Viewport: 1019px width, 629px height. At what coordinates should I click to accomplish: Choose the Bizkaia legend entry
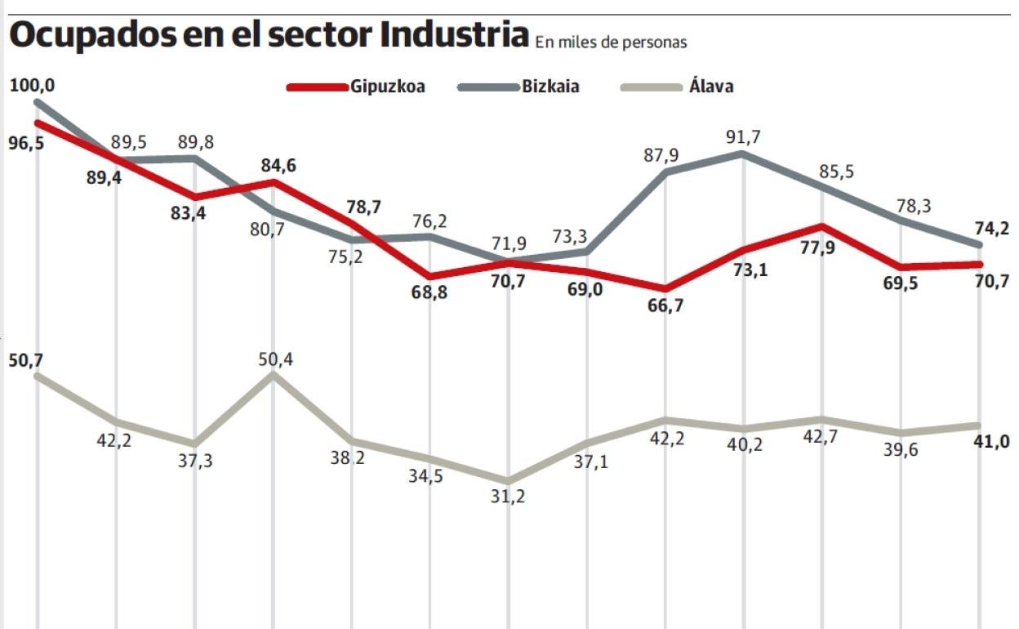click(550, 86)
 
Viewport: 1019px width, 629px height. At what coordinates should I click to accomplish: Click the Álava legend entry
click(711, 86)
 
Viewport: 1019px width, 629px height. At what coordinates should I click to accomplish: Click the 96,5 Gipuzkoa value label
click(25, 143)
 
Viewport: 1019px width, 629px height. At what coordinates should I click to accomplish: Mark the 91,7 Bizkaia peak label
click(743, 137)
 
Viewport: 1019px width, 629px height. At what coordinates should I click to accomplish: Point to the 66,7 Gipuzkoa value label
click(666, 307)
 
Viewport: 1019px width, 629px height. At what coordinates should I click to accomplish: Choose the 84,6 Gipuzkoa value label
click(278, 167)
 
